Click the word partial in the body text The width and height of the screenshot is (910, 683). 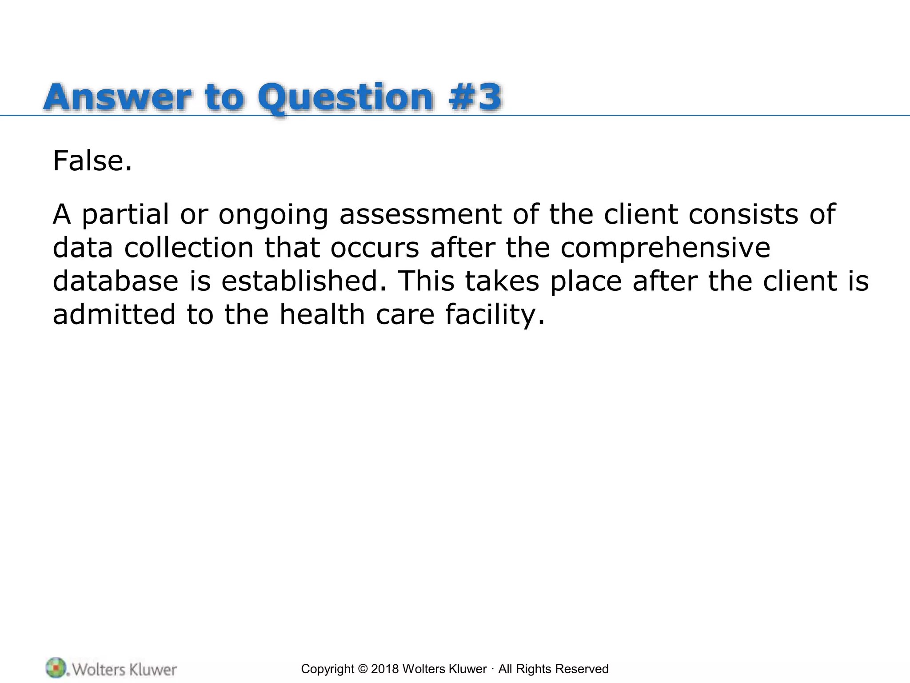(x=125, y=215)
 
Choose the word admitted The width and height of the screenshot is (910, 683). (x=115, y=314)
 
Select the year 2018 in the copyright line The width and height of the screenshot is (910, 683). (x=385, y=669)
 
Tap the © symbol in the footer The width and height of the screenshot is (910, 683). (x=363, y=669)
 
